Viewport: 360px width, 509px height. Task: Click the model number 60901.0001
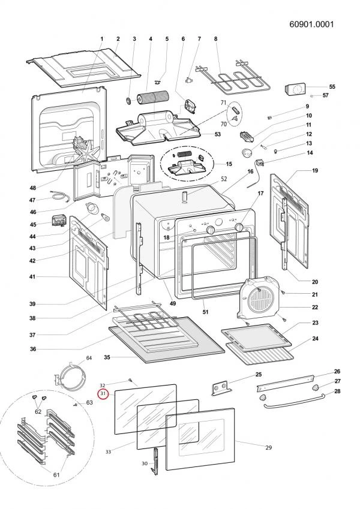(311, 25)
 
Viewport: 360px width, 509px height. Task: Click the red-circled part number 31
(103, 394)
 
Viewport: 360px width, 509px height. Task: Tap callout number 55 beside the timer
(332, 87)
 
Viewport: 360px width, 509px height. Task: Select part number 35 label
(107, 357)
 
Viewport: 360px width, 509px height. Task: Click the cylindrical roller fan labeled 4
(152, 98)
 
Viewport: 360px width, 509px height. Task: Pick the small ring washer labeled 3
(128, 101)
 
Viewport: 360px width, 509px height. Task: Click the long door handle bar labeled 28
(294, 401)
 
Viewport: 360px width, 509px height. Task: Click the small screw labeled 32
(130, 380)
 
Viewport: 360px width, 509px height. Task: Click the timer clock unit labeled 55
(295, 89)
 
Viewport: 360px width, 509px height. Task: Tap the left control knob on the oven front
(211, 230)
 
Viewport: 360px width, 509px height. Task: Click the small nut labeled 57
(311, 95)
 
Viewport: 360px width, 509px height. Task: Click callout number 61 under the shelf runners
(56, 475)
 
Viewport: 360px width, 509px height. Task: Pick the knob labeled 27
(315, 387)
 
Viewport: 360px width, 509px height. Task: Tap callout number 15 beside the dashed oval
(229, 164)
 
